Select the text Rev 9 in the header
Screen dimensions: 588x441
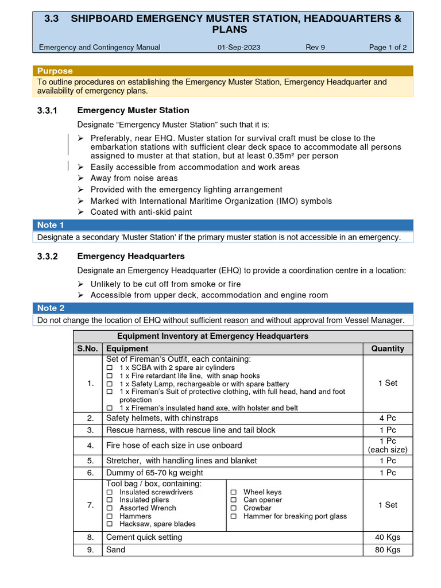[315, 47]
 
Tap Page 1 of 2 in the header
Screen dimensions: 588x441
[388, 47]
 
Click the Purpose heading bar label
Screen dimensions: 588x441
[55, 71]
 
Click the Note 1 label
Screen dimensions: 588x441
[51, 225]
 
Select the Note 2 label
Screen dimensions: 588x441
[51, 308]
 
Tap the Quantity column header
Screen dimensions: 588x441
[388, 349]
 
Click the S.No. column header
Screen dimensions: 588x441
[88, 349]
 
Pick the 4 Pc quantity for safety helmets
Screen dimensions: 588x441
[388, 418]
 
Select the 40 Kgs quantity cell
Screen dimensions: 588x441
[388, 537]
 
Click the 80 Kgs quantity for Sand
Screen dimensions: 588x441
[388, 550]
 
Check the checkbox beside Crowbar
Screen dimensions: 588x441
[234, 508]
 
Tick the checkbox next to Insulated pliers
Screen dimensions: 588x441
[110, 500]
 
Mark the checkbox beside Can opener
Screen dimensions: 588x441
[234, 500]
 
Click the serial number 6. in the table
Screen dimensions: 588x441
[90, 473]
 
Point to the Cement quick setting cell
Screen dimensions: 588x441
[144, 537]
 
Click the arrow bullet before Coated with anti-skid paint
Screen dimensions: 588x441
[81, 212]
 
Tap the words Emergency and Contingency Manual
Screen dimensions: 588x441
[99, 47]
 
